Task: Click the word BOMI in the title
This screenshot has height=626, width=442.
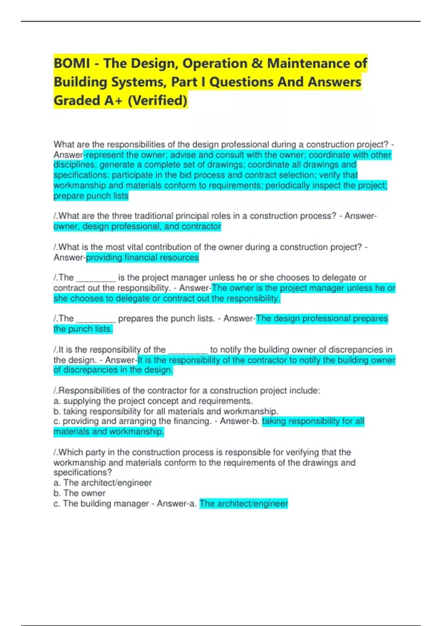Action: (x=72, y=63)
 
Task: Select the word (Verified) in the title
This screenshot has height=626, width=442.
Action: (x=157, y=100)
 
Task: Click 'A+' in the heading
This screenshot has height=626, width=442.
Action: (x=113, y=100)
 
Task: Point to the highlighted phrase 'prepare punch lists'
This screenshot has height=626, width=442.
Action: (x=91, y=196)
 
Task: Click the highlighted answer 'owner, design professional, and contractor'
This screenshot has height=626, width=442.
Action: (x=137, y=226)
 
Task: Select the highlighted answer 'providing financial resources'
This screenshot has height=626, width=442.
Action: (x=142, y=257)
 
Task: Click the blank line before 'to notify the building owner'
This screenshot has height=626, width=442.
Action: (x=188, y=351)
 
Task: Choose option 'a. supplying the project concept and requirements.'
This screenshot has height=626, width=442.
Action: (x=153, y=401)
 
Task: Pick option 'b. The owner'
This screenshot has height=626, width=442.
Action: (x=80, y=493)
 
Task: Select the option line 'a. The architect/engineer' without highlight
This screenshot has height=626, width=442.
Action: (x=102, y=483)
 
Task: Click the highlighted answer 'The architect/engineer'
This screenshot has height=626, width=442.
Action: (x=243, y=503)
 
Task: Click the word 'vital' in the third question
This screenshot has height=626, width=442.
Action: (x=137, y=247)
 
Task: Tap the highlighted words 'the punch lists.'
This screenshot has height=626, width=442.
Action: (x=83, y=329)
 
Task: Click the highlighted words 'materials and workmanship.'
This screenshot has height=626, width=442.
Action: (x=109, y=432)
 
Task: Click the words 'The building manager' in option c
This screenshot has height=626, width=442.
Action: (x=106, y=503)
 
